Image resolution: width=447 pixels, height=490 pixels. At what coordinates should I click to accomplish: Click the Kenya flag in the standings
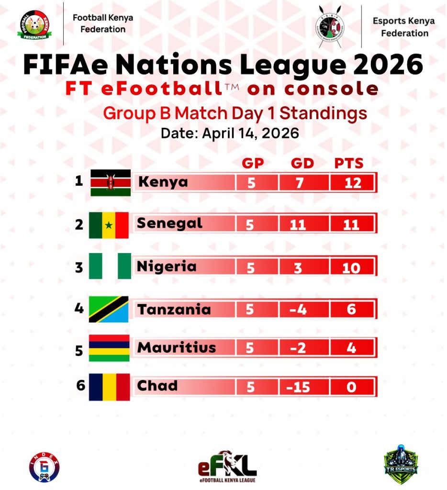coord(111,182)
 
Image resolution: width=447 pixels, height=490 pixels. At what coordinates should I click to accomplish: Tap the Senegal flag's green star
coord(109,225)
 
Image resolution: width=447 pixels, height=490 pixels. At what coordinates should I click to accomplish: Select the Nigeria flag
coord(110,266)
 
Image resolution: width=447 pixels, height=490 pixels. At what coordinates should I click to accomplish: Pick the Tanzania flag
coord(109,309)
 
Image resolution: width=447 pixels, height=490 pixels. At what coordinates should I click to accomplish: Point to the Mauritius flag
coord(109,348)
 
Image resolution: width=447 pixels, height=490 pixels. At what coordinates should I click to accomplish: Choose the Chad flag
coord(110,387)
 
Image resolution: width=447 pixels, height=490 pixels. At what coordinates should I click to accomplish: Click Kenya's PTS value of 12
coord(352,183)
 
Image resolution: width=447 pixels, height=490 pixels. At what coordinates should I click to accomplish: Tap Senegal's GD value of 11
coord(298,224)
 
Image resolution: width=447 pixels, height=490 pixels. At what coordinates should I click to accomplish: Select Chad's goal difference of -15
coord(298,387)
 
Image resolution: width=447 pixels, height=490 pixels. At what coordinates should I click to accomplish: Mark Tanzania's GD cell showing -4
coord(298,310)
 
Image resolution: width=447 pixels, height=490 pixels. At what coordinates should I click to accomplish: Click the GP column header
coord(252,164)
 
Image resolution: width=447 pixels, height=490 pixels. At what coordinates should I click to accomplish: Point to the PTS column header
coord(349,164)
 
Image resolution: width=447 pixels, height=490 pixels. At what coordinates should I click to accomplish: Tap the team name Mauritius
coord(177,348)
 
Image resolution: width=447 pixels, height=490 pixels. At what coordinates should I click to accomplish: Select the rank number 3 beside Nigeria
coord(79,267)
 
